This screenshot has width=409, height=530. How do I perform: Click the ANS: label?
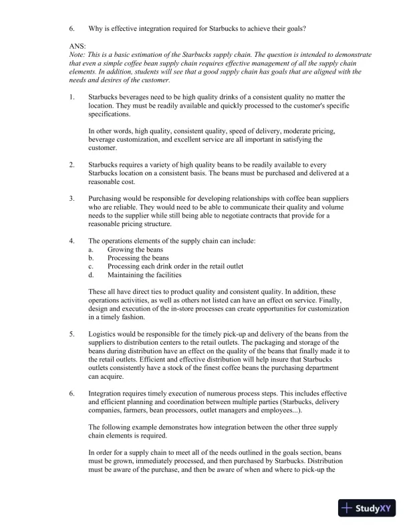tap(77, 46)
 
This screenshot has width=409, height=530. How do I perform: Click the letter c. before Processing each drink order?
tap(92, 266)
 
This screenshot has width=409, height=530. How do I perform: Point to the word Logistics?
tap(103, 333)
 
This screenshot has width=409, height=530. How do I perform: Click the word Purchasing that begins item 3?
tap(107, 199)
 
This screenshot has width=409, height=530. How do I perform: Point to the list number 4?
tap(72, 240)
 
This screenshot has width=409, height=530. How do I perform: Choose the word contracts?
tap(288, 216)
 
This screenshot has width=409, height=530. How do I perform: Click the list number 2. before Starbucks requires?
tap(72, 164)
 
